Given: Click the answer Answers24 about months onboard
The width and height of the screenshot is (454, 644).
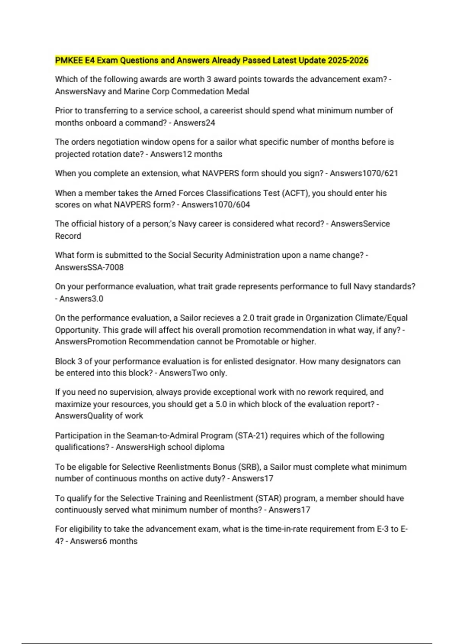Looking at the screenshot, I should (194, 123).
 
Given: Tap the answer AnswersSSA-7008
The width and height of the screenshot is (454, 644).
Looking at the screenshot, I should (89, 267).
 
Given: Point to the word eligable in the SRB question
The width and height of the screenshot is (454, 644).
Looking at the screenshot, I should (92, 467).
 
